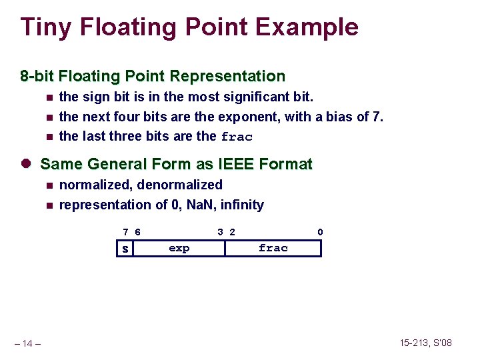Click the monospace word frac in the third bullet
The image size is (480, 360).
click(237, 137)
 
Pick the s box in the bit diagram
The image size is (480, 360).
click(125, 249)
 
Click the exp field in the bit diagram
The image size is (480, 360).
click(179, 248)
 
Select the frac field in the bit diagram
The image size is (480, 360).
click(273, 248)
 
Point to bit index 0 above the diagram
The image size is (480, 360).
click(320, 232)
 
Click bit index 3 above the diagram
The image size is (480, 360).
click(220, 232)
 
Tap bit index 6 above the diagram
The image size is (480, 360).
click(137, 232)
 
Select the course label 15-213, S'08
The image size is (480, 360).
click(426, 343)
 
